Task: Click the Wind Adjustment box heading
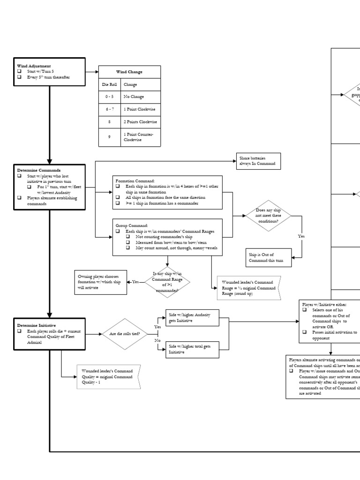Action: (x=34, y=66)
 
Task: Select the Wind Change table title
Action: (x=129, y=72)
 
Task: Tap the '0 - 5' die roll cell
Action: (x=109, y=96)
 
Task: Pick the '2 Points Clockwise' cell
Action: (x=140, y=121)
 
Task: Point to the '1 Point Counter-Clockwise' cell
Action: (x=140, y=136)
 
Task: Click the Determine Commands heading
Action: (x=39, y=170)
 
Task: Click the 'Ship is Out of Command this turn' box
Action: (x=268, y=257)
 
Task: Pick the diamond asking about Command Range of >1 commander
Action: (x=167, y=282)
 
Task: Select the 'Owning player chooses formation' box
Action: (x=100, y=283)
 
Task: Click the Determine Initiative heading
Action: (x=37, y=325)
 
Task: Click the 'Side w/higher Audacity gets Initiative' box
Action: (x=193, y=319)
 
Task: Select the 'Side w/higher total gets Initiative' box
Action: (x=193, y=349)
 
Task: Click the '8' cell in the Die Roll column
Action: (x=109, y=121)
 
